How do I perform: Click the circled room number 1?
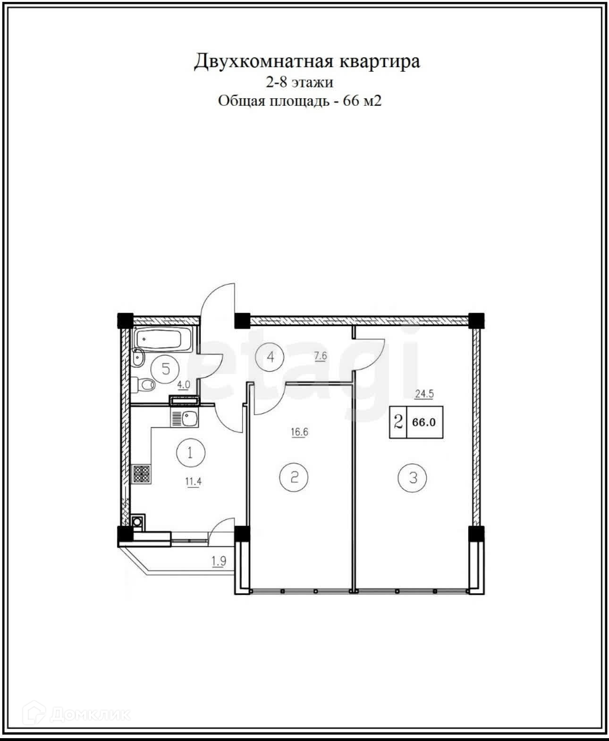tap(190, 453)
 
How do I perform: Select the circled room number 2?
tap(294, 477)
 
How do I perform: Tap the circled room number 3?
tap(413, 478)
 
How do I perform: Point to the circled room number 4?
tap(270, 357)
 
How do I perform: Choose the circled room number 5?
tap(165, 369)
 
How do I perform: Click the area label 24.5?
tap(424, 394)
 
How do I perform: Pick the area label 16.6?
tap(299, 432)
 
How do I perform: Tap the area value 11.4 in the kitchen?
tap(193, 481)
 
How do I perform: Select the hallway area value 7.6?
tap(320, 356)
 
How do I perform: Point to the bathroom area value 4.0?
tap(183, 385)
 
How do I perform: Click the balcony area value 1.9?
tap(219, 562)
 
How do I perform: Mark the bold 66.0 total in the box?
tap(423, 422)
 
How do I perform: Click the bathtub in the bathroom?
tap(162, 340)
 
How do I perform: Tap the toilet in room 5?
tap(144, 384)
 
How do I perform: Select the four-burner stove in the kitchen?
tap(141, 474)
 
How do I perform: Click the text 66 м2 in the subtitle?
tap(362, 101)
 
